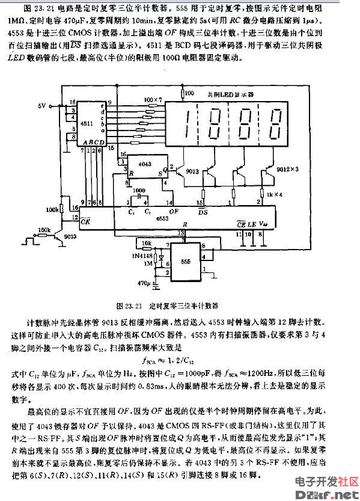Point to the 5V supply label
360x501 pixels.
[41, 106]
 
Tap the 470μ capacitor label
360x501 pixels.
[142, 282]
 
